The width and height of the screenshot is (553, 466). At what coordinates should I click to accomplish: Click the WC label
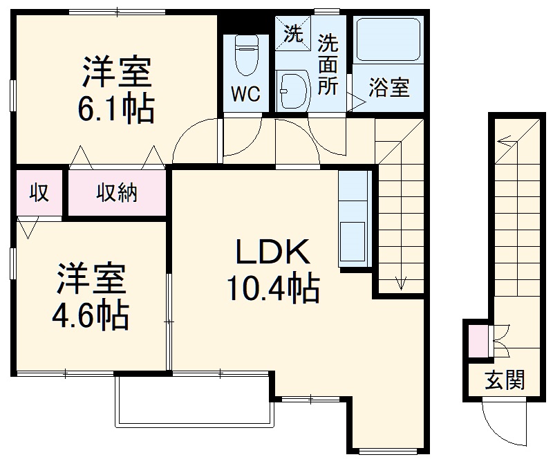pyautogui.click(x=245, y=94)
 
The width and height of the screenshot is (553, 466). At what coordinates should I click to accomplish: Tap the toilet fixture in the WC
pyautogui.click(x=245, y=55)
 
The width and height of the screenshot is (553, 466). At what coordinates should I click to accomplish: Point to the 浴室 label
pyautogui.click(x=388, y=88)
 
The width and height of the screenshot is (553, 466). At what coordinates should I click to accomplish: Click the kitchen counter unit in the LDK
pyautogui.click(x=355, y=218)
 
